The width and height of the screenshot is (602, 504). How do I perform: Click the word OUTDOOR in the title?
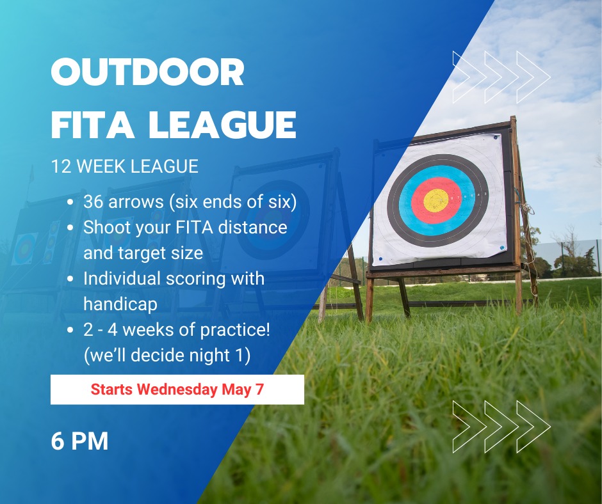coord(148,72)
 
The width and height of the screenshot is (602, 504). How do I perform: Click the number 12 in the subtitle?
coord(60,166)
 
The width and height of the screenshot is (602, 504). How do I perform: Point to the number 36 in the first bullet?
coord(94,201)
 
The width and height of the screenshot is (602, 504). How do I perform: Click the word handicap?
coord(120,304)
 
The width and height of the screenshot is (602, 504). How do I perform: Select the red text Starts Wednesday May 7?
coord(177,390)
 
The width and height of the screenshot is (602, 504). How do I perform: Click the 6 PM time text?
coord(79,441)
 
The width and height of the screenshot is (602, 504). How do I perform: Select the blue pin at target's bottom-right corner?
coord(501,248)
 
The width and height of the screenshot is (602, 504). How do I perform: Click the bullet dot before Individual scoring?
coord(70,279)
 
